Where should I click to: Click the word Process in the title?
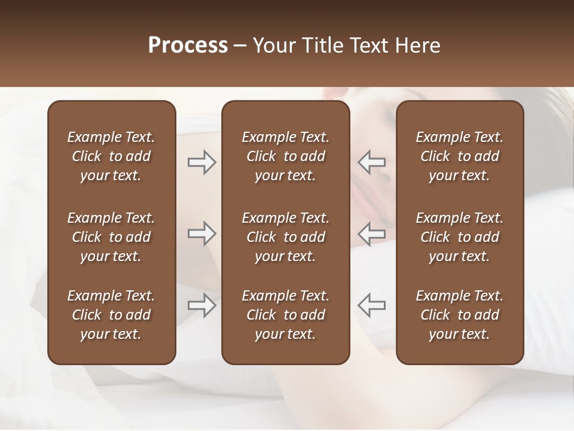(188, 45)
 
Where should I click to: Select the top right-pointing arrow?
(201, 162)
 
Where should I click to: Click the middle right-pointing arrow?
(201, 233)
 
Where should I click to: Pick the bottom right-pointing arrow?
(201, 305)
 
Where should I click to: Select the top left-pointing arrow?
(372, 162)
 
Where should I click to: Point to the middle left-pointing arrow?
(372, 233)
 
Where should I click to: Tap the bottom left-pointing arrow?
(372, 305)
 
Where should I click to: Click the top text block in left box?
(111, 156)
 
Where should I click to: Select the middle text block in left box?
(111, 237)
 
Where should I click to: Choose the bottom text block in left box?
(111, 315)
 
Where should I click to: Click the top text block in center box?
(285, 156)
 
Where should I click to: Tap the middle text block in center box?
(285, 237)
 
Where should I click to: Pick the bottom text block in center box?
(285, 315)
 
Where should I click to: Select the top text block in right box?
(459, 156)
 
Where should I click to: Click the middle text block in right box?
(459, 237)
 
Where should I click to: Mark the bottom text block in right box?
(459, 315)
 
